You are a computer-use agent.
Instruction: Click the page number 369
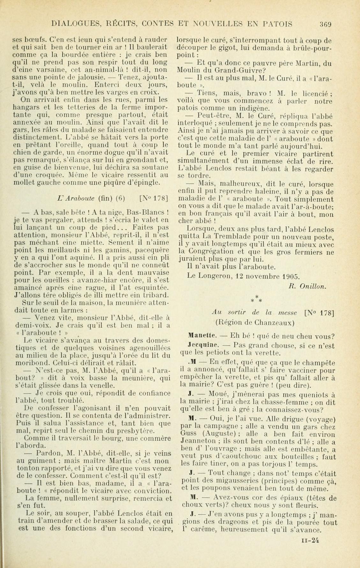point(326,24)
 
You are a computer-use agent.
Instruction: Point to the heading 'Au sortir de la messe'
point(254,313)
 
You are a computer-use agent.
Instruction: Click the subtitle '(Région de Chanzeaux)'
point(254,322)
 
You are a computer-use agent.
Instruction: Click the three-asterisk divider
point(256,299)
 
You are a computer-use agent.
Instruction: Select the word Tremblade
point(224,237)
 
